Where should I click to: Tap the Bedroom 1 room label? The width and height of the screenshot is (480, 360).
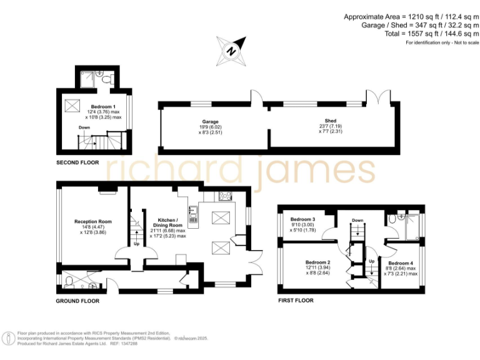pyautogui.click(x=102, y=107)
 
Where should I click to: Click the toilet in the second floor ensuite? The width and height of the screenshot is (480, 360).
pyautogui.click(x=109, y=79)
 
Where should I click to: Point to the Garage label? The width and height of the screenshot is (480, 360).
pyautogui.click(x=210, y=122)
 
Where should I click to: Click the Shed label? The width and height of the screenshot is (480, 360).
pyautogui.click(x=331, y=121)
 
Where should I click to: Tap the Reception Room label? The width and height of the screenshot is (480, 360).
pyautogui.click(x=93, y=221)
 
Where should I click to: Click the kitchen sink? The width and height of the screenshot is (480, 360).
pyautogui.click(x=194, y=218)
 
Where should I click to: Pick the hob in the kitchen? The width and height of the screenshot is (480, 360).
pyautogui.click(x=224, y=196)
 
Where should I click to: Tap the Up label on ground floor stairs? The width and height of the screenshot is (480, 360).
pyautogui.click(x=136, y=244)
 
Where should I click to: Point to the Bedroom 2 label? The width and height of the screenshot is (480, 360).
pyautogui.click(x=317, y=262)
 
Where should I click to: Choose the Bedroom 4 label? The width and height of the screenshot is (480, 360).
pyautogui.click(x=401, y=263)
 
